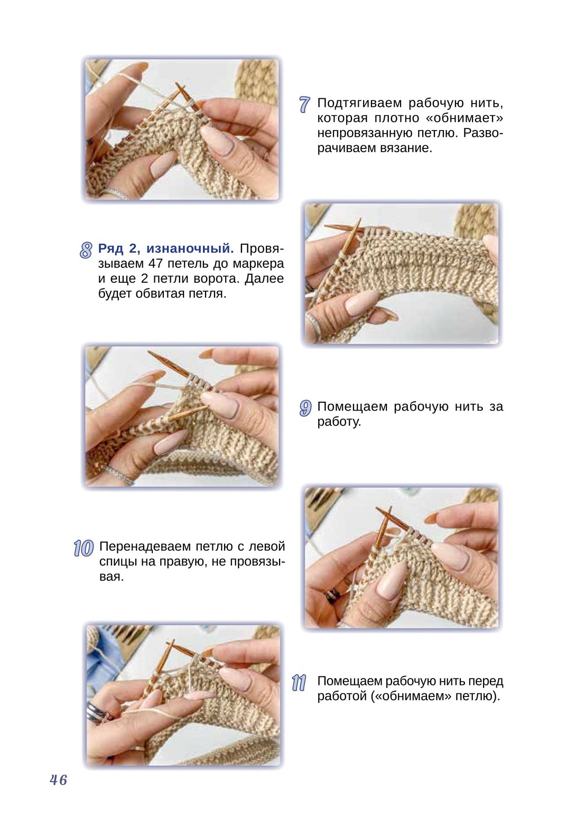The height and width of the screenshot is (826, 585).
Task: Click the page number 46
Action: pos(58,780)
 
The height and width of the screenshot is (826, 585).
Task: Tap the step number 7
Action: pos(304,104)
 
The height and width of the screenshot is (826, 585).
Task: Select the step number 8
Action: pos(86,250)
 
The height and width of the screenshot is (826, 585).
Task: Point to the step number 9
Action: pos(305,408)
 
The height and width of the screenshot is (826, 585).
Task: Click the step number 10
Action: pos(83,548)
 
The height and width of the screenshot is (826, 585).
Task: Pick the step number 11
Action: pos(299,683)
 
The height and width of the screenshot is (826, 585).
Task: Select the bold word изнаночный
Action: pos(190,248)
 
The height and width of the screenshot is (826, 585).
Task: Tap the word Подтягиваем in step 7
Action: pos(359,103)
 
